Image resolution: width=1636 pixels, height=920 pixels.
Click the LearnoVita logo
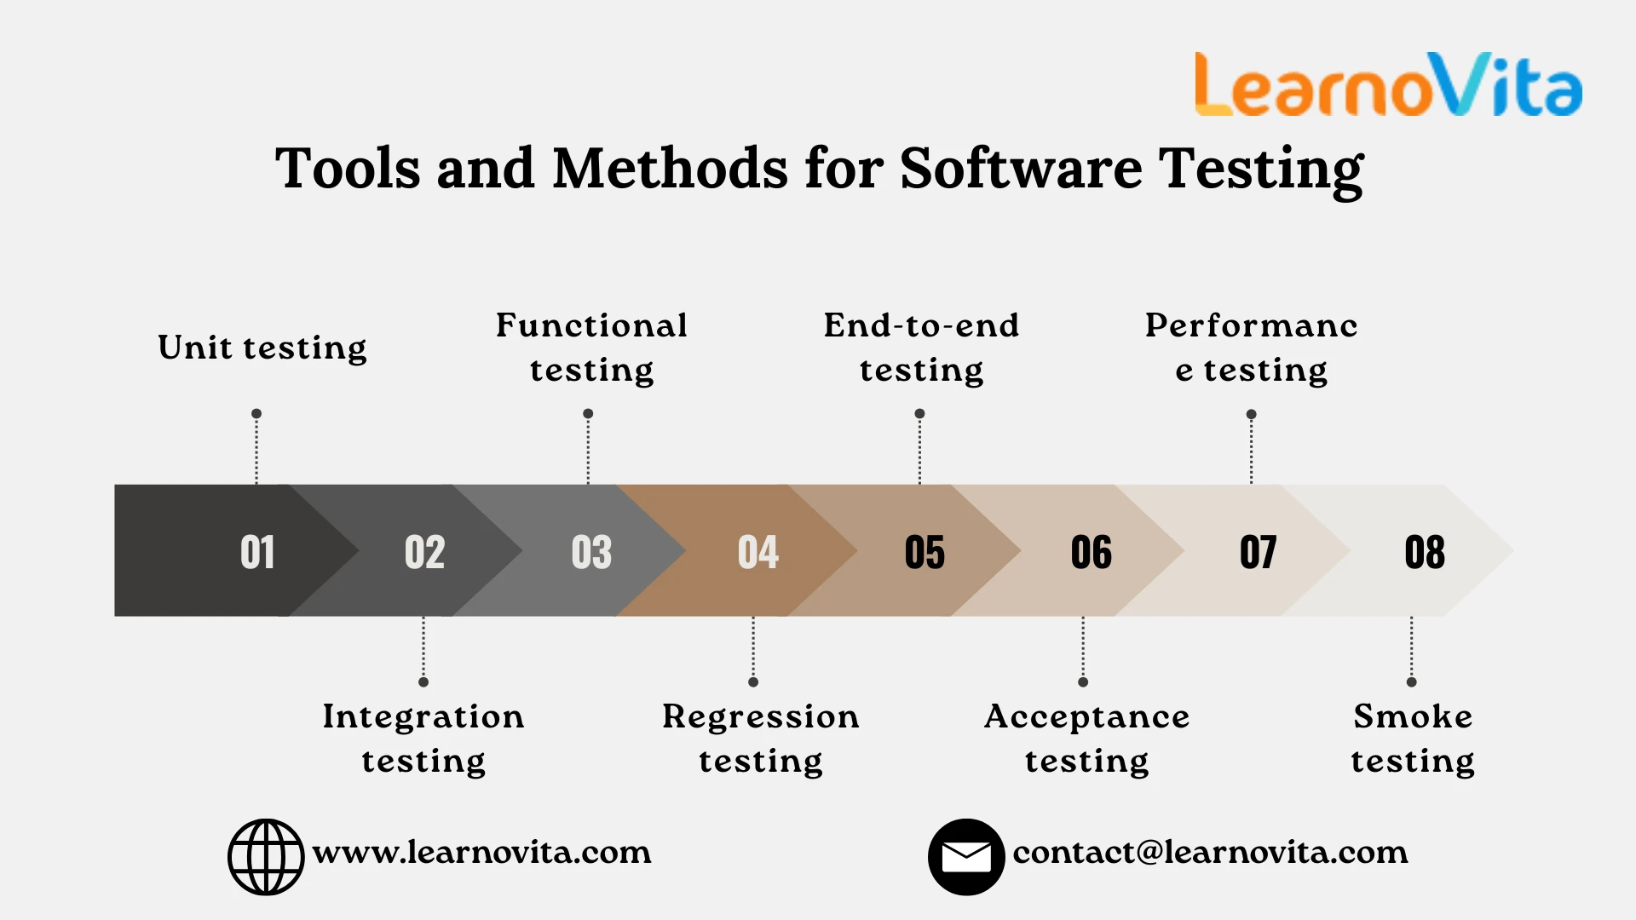pyautogui.click(x=1388, y=84)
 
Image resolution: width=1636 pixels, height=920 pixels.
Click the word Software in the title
pyautogui.click(x=1021, y=168)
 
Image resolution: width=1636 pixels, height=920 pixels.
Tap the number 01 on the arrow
pyautogui.click(x=257, y=552)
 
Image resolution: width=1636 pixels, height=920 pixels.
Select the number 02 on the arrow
pyautogui.click(x=424, y=552)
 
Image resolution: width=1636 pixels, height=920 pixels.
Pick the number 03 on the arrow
pyautogui.click(x=591, y=552)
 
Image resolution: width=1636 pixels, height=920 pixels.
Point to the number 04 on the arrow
pyautogui.click(x=758, y=552)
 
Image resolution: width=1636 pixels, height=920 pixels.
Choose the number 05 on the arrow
pyautogui.click(x=925, y=552)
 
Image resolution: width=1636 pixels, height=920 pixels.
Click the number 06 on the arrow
pyautogui.click(x=1092, y=552)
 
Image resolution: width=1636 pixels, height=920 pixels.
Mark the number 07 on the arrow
pyautogui.click(x=1258, y=552)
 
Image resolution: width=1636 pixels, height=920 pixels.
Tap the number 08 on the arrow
pyautogui.click(x=1425, y=552)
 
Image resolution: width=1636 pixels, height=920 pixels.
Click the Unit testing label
pyautogui.click(x=262, y=348)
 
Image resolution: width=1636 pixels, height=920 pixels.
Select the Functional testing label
pyautogui.click(x=591, y=348)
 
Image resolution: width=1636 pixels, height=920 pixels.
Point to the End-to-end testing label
pyautogui.click(x=921, y=348)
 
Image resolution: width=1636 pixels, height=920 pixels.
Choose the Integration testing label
pyautogui.click(x=423, y=738)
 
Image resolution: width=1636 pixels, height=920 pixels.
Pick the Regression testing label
pyautogui.click(x=761, y=738)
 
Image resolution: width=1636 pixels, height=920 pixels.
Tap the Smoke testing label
pyautogui.click(x=1413, y=738)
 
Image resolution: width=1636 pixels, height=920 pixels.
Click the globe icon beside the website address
pyautogui.click(x=266, y=857)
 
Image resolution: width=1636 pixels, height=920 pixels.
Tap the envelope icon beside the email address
pyautogui.click(x=966, y=857)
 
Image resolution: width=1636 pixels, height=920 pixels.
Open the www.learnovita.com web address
pyautogui.click(x=482, y=852)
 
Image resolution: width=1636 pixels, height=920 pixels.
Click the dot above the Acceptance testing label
pyautogui.click(x=1083, y=681)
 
